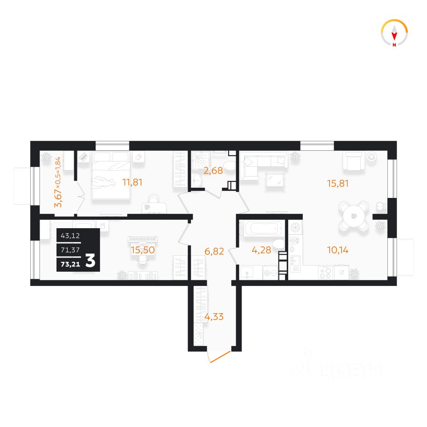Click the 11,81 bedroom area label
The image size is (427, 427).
(x=133, y=182)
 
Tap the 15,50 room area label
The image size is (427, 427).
(x=143, y=250)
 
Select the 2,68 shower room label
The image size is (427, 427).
(x=213, y=171)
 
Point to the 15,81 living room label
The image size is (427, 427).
(x=338, y=183)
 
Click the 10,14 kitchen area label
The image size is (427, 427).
(x=338, y=250)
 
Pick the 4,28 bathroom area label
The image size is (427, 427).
(x=262, y=250)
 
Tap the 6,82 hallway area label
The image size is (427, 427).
(x=214, y=251)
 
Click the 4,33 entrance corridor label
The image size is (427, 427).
(x=214, y=317)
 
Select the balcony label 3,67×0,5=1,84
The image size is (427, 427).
(x=58, y=182)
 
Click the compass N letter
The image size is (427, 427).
(x=395, y=45)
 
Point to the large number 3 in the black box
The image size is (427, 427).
(x=90, y=261)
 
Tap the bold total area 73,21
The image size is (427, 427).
(x=71, y=264)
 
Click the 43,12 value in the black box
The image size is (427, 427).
(x=70, y=236)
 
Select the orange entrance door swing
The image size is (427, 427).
(x=219, y=357)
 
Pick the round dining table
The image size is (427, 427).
(x=354, y=216)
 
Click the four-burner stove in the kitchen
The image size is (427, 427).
(x=326, y=273)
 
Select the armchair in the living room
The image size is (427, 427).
(x=354, y=161)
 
